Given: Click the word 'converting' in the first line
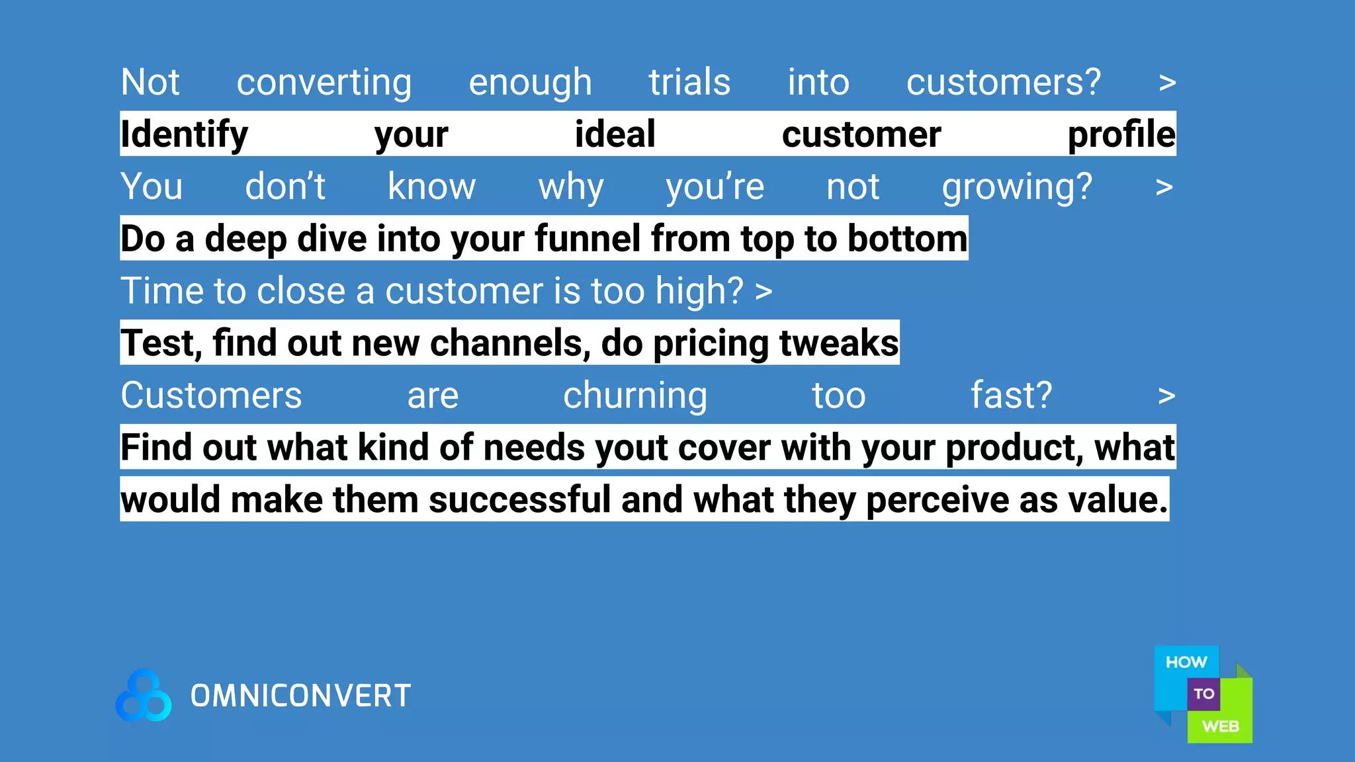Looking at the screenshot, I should [324, 83].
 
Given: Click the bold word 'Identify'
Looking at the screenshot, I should [184, 135].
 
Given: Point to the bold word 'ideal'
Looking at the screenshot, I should [615, 134].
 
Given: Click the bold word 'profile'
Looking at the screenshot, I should [1121, 134].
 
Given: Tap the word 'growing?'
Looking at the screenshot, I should [1017, 187].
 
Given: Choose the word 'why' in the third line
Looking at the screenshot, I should [571, 187].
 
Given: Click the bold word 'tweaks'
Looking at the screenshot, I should [839, 343].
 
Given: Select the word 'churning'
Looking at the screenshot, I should [635, 396].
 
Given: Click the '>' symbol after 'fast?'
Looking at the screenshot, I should [1166, 396].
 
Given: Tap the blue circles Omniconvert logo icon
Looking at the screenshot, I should [144, 696].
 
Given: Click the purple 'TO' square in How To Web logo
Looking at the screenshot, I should [1203, 694].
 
